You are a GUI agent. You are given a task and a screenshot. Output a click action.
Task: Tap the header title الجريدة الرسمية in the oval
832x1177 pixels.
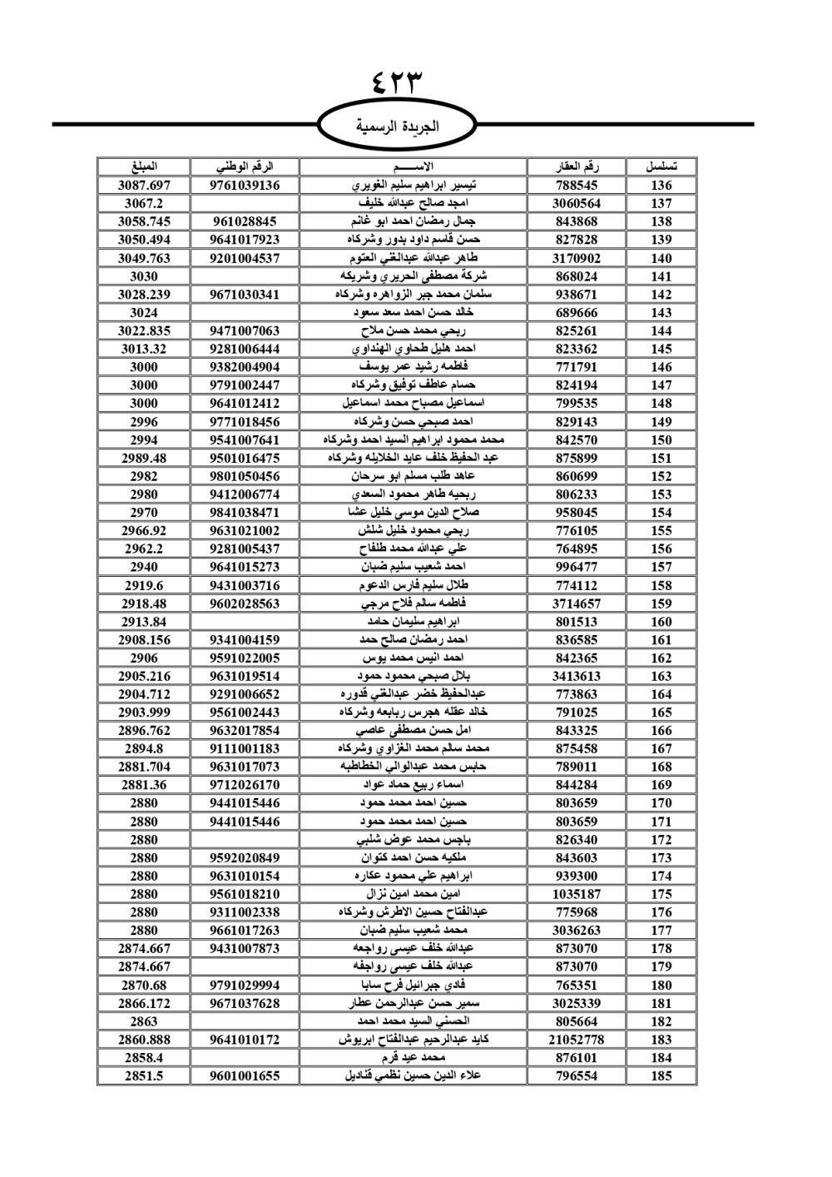397,127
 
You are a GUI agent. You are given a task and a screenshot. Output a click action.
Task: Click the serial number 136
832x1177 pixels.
661,185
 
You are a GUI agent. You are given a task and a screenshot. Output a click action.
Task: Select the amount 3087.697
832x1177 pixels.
144,185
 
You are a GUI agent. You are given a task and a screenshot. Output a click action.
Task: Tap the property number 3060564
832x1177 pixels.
577,203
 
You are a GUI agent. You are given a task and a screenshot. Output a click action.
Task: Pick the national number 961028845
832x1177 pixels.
245,221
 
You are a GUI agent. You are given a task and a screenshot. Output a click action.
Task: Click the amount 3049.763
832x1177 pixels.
144,258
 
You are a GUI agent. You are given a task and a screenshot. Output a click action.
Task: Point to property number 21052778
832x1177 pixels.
577,1040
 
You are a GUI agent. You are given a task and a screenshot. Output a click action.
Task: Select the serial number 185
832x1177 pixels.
661,1075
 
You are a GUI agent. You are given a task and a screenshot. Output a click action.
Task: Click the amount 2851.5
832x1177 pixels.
144,1075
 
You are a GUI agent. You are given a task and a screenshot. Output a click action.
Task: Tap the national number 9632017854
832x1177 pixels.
245,730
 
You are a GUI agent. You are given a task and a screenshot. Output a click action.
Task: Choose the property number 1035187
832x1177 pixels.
577,894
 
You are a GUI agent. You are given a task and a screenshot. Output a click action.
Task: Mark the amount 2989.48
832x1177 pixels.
144,458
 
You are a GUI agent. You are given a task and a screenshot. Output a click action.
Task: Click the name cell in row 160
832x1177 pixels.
414,621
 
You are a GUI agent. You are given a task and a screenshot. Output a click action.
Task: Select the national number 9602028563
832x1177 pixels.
245,603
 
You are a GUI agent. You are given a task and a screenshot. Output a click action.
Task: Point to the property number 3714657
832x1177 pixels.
577,603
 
